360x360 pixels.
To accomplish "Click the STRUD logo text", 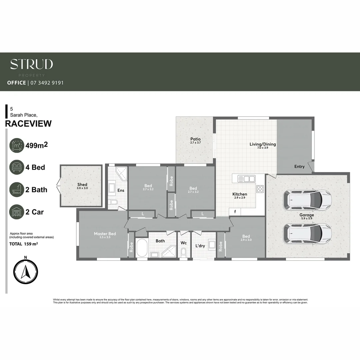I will click(31, 64).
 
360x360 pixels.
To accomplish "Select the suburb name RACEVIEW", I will click(28, 124).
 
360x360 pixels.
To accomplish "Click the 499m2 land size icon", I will click(17, 145).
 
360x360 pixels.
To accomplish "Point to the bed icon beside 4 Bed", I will click(17, 167).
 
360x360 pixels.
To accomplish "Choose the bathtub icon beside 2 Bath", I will click(17, 190).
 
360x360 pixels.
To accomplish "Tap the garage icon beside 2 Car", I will click(17, 212).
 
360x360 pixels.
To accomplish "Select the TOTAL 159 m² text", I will click(23, 244).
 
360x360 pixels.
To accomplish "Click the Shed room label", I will click(82, 185).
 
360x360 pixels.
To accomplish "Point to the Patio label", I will click(195, 139).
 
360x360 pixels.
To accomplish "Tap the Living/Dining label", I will click(263, 144).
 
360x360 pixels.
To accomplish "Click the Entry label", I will click(299, 166).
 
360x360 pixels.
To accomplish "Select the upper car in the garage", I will click(307, 199).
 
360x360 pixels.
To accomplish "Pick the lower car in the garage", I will click(307, 233).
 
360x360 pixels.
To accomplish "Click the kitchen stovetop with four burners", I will click(260, 189).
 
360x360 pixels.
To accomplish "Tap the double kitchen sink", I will click(246, 179).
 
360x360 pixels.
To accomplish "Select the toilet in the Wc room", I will click(183, 252).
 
